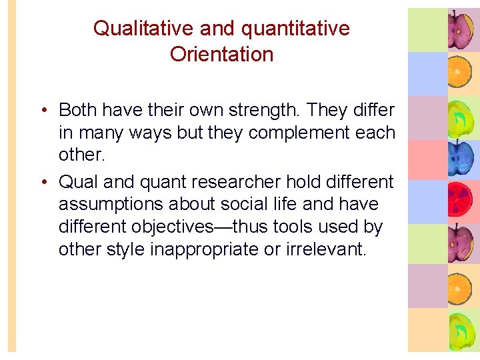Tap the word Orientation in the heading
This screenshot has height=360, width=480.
pos(221,54)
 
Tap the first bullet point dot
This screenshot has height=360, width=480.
pos(43,111)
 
